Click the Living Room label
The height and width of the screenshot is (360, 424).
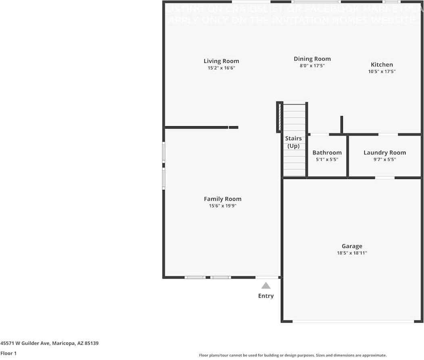tap(221, 61)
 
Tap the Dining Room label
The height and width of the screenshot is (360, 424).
tap(312, 59)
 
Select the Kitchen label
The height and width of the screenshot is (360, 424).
tap(382, 65)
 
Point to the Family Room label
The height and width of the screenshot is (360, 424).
tap(222, 199)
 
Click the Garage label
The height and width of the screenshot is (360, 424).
tap(352, 246)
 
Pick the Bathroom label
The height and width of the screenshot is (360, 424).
tap(327, 152)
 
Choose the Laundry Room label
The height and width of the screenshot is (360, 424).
tap(384, 152)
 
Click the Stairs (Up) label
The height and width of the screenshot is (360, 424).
tap(293, 142)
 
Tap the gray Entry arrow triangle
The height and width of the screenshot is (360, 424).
tap(265, 285)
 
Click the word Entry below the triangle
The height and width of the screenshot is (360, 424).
tap(265, 296)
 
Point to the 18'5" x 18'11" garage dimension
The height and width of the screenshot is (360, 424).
tap(352, 253)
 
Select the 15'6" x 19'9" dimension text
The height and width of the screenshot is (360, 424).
tap(222, 206)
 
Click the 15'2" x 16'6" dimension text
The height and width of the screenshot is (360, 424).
tap(221, 68)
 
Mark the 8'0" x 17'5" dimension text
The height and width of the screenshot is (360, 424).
tap(312, 66)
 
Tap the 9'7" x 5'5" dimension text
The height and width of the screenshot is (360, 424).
tap(384, 159)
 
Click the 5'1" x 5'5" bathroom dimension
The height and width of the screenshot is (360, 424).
tap(327, 159)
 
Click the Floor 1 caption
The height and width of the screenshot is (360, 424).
tap(8, 353)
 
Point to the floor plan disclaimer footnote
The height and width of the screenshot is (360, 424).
tap(292, 355)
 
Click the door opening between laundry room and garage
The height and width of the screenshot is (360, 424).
tap(384, 177)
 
